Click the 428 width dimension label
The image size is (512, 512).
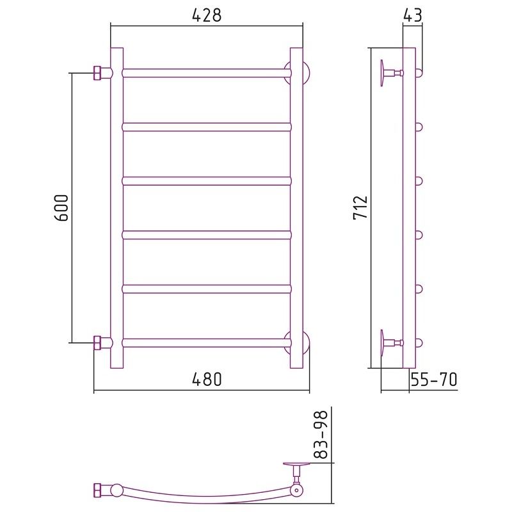(x=207, y=15)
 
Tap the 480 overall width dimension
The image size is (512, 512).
(x=207, y=380)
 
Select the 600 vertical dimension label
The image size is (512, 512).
(x=61, y=208)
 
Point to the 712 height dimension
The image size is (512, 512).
(x=360, y=207)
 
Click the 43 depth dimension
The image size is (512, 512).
(x=413, y=15)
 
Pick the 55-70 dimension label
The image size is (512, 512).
(x=434, y=380)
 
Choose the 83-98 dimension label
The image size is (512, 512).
(x=320, y=435)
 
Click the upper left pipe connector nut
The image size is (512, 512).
(x=98, y=73)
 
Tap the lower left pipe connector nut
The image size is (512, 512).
(x=98, y=343)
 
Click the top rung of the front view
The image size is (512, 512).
(x=207, y=73)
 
